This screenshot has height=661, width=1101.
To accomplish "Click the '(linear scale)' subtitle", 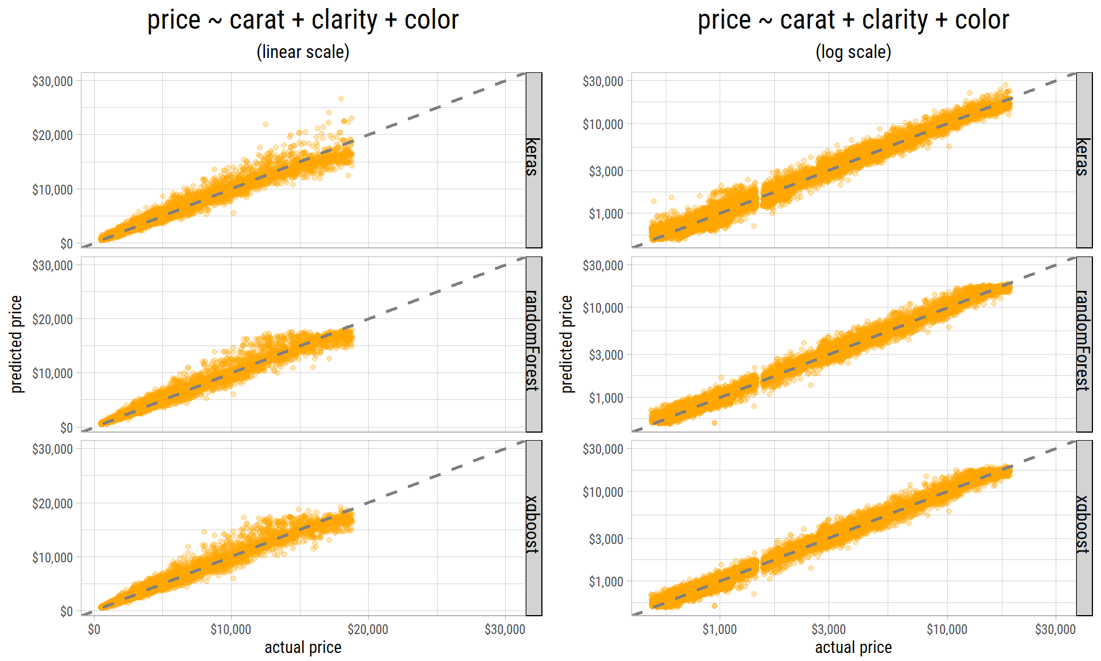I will point(303,52).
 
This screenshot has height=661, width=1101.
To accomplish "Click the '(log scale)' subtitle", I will point(853,52).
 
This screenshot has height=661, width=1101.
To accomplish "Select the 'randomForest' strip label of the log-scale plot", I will point(1084,341).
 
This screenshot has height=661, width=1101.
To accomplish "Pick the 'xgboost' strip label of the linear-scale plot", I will point(533,524).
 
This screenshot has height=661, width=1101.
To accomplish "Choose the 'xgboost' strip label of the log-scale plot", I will point(1084,524).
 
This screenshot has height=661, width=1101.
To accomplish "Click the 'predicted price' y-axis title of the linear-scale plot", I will point(17,344).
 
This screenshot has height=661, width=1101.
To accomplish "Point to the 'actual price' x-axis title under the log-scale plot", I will point(853,648).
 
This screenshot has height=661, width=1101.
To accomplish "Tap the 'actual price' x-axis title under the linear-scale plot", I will point(303,648).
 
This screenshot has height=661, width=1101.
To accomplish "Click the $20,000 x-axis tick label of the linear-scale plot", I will point(368,629).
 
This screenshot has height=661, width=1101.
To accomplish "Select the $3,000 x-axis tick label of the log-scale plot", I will point(829,629).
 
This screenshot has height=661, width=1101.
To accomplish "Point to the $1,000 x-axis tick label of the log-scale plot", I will point(720,629).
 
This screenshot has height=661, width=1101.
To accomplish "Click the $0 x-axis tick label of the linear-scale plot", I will point(94,629).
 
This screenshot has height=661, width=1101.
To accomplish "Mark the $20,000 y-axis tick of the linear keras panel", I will point(52,135).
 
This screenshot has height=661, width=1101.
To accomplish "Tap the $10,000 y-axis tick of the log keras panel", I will point(603,125).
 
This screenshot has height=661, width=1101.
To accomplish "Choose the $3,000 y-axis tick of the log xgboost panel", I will point(606,539).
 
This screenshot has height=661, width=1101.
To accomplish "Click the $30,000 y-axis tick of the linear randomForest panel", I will point(52,266).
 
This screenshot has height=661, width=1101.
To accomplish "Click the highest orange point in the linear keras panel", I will point(341,99).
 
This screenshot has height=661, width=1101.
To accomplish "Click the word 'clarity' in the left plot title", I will point(344,20).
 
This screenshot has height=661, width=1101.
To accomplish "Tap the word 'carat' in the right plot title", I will point(807,20).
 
